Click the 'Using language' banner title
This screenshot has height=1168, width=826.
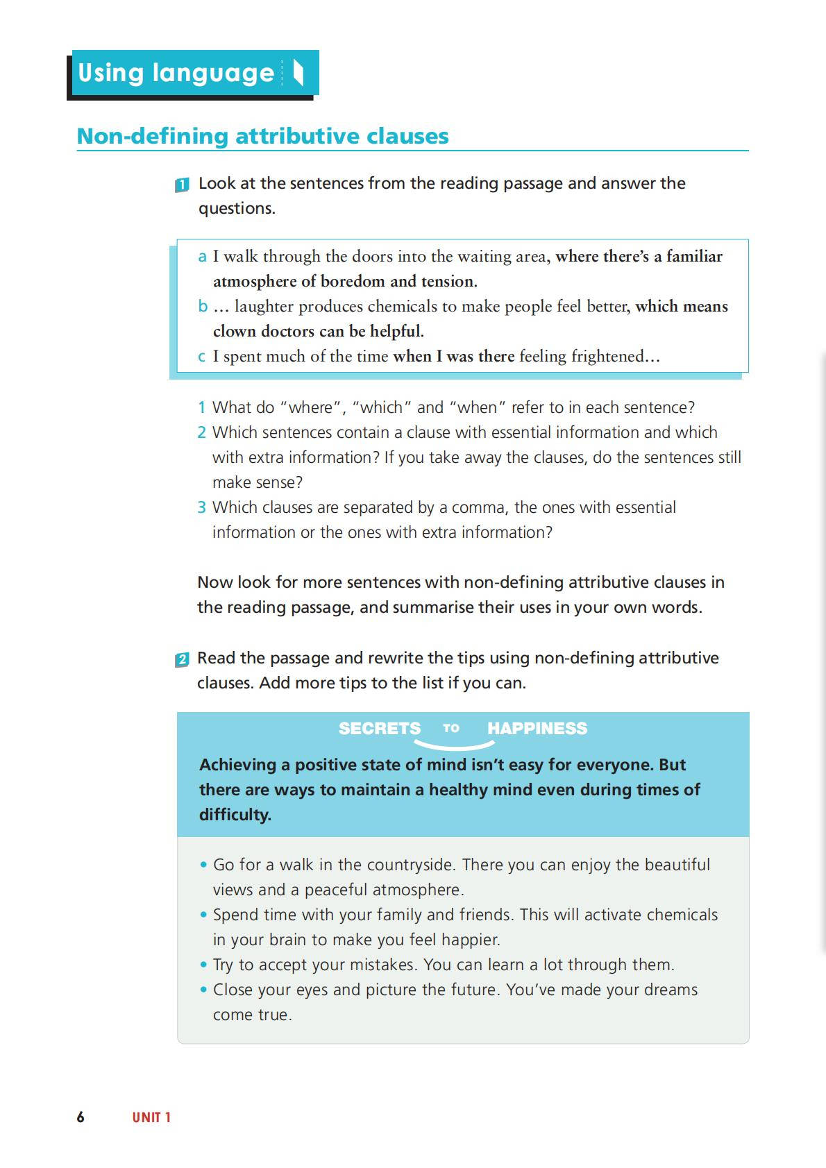176,73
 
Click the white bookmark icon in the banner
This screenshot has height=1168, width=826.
298,72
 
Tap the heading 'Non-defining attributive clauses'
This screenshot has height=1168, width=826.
262,136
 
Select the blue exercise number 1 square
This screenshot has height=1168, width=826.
182,185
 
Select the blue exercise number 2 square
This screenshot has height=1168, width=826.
182,659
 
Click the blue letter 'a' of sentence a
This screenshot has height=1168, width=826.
202,257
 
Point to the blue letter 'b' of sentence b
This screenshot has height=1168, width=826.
202,307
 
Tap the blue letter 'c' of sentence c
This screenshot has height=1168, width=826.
202,357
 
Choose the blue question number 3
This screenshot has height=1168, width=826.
201,507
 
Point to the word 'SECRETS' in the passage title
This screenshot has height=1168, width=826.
379,728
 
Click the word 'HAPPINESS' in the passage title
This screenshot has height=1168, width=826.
537,728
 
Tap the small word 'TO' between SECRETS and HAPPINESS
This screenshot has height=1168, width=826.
451,728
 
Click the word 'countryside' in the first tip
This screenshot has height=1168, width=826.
410,865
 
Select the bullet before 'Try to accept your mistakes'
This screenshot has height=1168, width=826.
203,965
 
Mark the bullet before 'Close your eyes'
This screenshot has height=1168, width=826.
203,990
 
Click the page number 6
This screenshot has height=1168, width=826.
81,1117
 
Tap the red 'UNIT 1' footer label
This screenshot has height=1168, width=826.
151,1117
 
